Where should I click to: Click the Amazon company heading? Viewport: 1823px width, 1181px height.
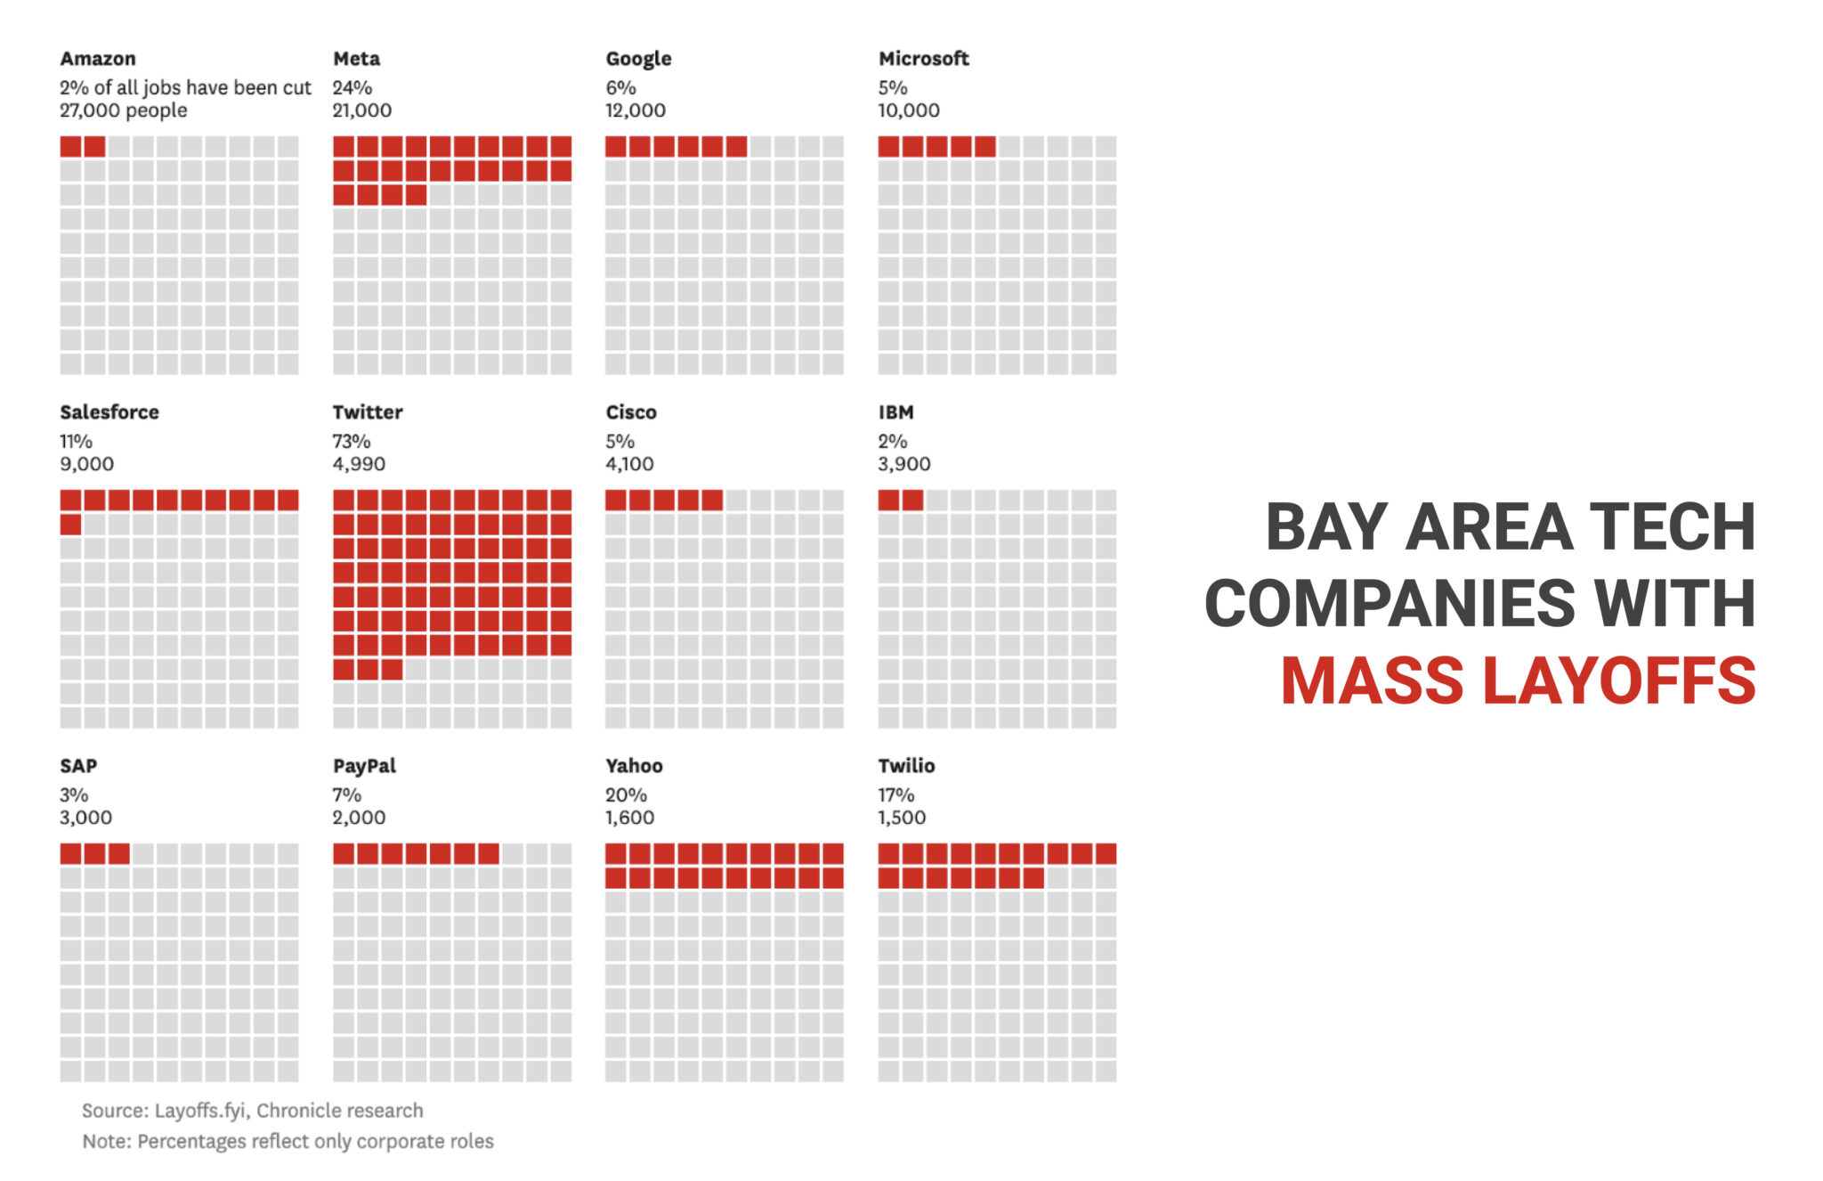tap(98, 59)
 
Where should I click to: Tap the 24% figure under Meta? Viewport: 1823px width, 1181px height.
tap(352, 87)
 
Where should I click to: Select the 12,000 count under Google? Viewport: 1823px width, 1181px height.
tap(636, 110)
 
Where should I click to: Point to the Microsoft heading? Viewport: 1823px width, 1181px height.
tap(923, 59)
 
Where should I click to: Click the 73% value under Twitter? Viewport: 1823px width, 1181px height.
tap(352, 441)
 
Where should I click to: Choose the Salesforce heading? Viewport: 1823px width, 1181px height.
tap(109, 412)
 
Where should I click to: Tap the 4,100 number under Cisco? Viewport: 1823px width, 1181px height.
tap(629, 464)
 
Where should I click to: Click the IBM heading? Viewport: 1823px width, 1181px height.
tap(895, 412)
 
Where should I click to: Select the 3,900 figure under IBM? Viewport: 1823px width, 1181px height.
tap(903, 464)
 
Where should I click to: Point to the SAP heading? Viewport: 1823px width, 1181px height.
tap(78, 766)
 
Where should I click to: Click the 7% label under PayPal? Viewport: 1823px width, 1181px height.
tap(347, 794)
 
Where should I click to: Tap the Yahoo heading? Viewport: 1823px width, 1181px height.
tap(634, 766)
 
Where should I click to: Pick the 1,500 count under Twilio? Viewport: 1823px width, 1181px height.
tap(902, 818)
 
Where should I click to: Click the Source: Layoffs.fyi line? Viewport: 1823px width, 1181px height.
tap(253, 1111)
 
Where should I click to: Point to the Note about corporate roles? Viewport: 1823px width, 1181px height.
tap(288, 1141)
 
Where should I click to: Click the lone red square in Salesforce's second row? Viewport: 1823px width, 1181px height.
tap(71, 525)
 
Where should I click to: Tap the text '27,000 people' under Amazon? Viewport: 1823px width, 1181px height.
tap(124, 110)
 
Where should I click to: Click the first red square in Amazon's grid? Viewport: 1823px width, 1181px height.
tap(71, 146)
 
